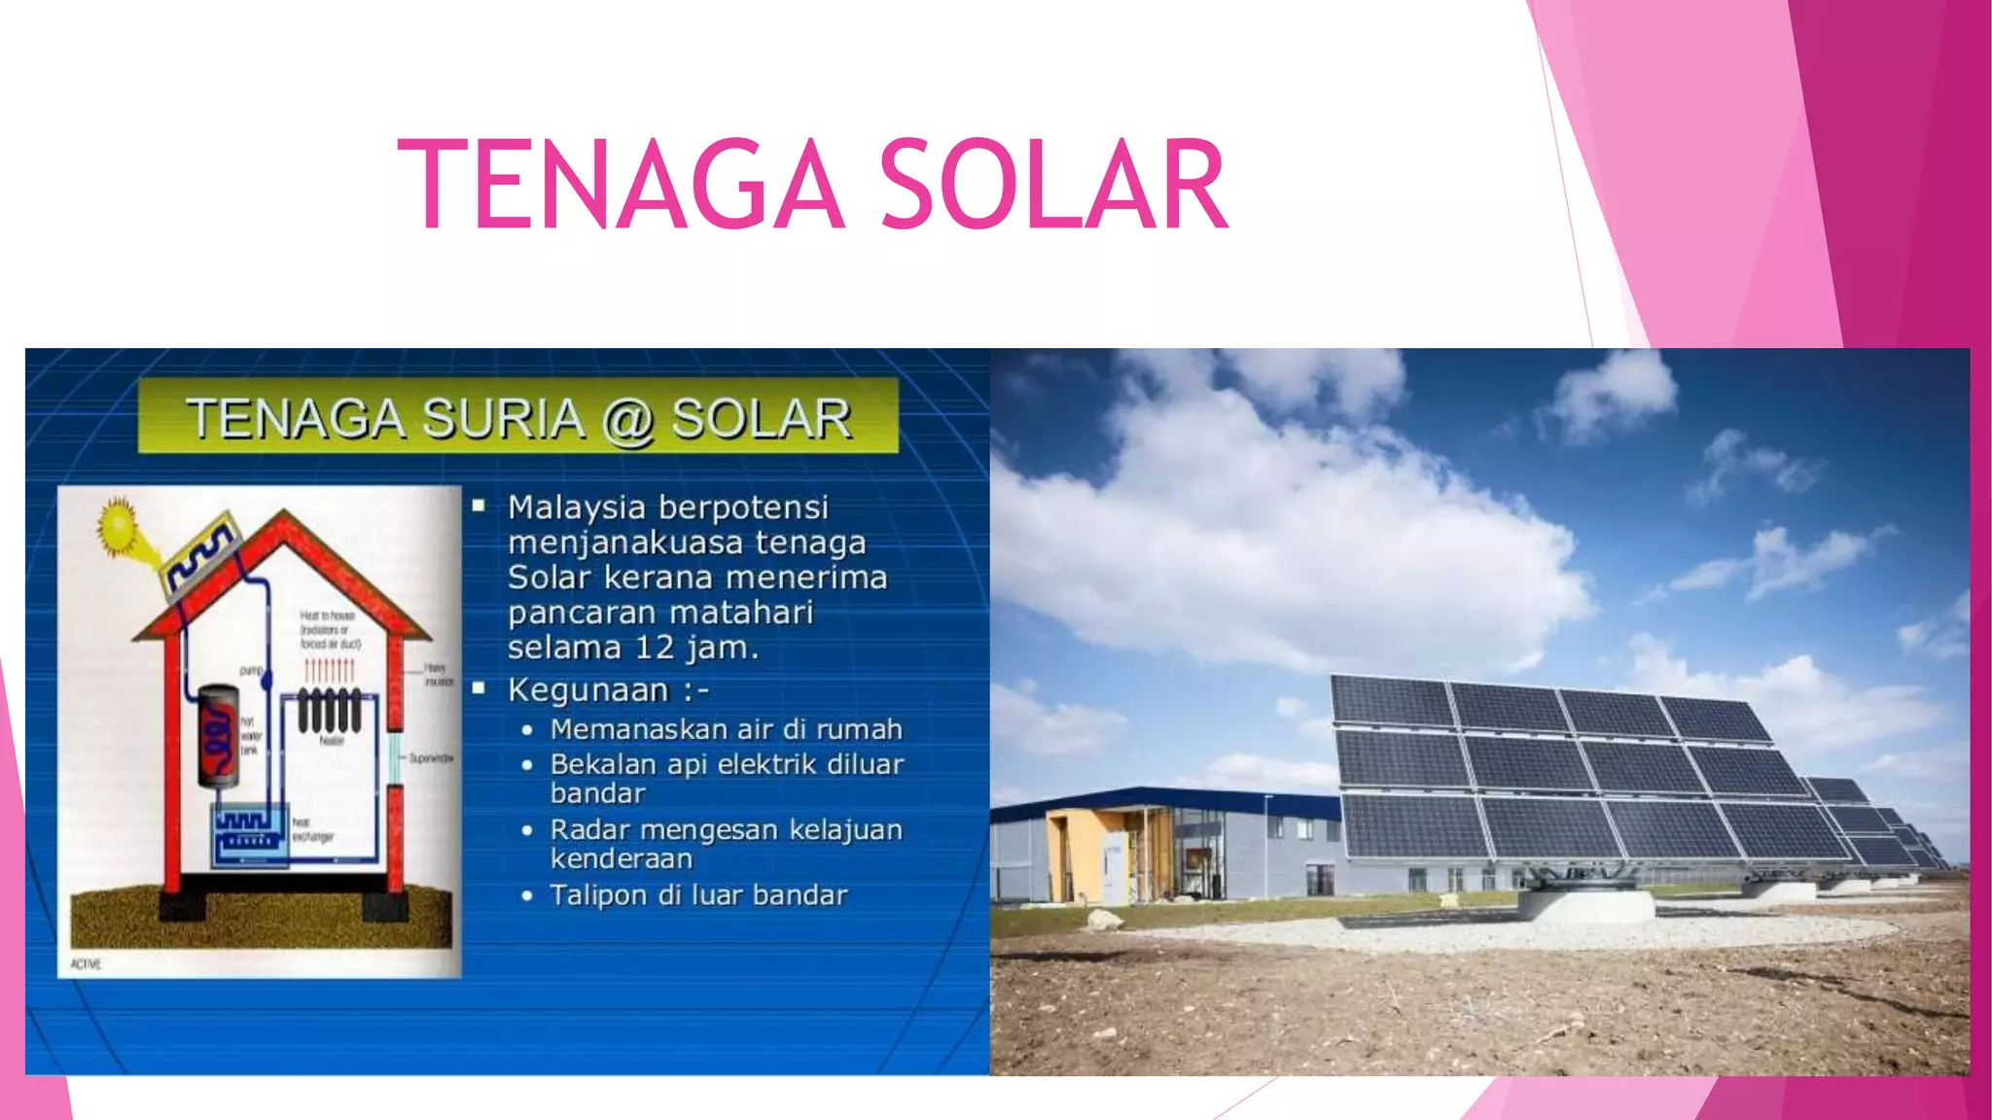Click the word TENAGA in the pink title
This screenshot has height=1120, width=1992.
click(x=621, y=185)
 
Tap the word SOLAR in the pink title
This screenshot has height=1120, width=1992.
click(x=1054, y=185)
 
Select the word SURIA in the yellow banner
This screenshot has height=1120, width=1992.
click(x=503, y=419)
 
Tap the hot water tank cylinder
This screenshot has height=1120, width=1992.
click(x=219, y=734)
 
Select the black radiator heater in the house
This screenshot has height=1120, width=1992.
click(x=329, y=710)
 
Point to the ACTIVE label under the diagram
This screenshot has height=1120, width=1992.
click(x=86, y=963)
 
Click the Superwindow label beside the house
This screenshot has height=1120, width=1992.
click(x=430, y=757)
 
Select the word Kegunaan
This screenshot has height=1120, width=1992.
click(x=588, y=690)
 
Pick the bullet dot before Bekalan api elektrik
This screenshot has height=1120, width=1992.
click(x=527, y=765)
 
